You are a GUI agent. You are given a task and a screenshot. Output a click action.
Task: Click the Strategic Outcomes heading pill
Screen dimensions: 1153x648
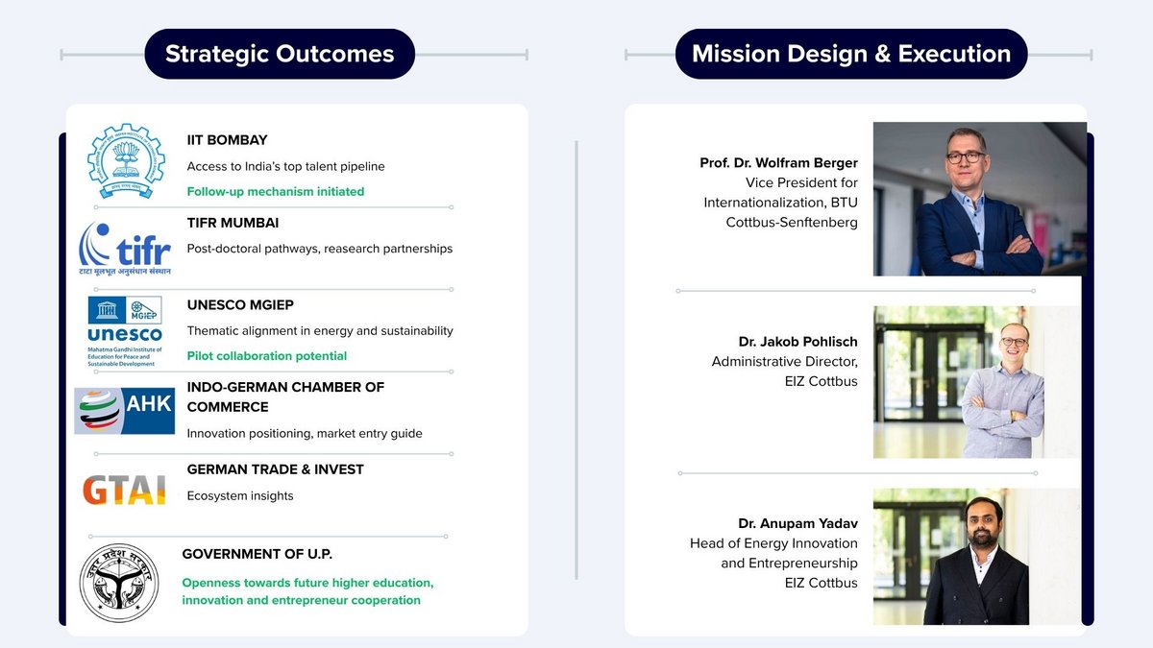tap(280, 54)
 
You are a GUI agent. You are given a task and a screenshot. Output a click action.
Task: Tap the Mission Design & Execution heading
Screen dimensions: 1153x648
tap(851, 54)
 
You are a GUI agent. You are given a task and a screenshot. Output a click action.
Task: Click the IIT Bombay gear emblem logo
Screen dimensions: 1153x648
tap(126, 161)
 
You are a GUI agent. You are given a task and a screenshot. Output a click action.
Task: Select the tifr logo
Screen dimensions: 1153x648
tap(125, 249)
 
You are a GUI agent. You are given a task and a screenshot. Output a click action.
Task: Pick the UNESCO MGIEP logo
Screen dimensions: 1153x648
tap(125, 331)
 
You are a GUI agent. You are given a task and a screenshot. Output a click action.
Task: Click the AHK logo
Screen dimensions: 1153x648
tap(125, 411)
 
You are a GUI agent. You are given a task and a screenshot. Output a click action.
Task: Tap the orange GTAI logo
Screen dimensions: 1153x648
tap(125, 490)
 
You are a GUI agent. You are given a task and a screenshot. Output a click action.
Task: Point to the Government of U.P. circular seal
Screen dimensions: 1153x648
tap(119, 583)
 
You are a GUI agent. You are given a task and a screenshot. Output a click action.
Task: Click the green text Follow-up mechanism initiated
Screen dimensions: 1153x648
tap(276, 192)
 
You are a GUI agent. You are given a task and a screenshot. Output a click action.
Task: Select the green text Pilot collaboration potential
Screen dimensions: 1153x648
tap(267, 356)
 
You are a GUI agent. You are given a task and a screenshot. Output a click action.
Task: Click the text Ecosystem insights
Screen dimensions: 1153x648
tap(240, 495)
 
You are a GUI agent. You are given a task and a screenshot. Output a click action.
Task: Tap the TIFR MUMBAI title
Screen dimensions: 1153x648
tap(233, 223)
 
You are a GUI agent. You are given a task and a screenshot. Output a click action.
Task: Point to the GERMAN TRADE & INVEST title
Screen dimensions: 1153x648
tap(276, 469)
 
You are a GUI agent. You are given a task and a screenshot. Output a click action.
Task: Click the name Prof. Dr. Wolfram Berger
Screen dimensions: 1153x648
tap(778, 163)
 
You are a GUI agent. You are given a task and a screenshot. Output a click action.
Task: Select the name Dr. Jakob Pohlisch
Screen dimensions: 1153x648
tap(797, 342)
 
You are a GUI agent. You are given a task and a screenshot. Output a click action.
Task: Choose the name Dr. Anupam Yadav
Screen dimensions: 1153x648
tap(797, 523)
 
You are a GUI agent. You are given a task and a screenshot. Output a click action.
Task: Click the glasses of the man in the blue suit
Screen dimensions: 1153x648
tap(966, 156)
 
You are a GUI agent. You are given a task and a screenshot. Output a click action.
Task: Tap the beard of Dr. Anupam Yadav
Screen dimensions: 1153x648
tap(983, 538)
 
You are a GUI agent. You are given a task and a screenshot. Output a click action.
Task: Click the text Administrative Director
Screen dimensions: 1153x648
tap(784, 362)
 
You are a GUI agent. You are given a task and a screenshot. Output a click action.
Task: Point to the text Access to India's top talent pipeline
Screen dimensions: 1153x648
tap(285, 167)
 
